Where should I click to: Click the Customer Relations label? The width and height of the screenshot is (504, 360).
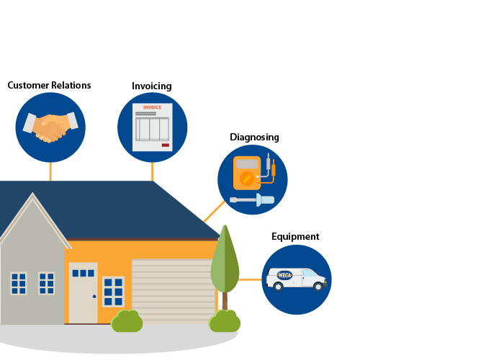(x=49, y=86)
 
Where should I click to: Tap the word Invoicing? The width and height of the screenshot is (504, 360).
(x=151, y=86)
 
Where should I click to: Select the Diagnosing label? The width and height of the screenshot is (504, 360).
(x=254, y=137)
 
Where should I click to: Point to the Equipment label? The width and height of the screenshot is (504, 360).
(x=295, y=237)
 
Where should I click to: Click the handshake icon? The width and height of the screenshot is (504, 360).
(x=50, y=127)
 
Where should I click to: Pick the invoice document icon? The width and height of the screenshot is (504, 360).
(x=152, y=127)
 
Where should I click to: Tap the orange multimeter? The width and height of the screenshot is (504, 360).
(x=247, y=173)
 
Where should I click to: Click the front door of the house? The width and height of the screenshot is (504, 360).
(x=83, y=293)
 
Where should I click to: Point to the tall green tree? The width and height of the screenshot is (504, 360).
(x=225, y=261)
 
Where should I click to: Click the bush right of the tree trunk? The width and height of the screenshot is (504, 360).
(x=225, y=322)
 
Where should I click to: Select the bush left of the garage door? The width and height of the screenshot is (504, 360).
(x=127, y=322)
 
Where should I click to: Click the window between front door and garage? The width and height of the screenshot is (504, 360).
(x=113, y=292)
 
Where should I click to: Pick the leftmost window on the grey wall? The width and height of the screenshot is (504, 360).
(x=19, y=283)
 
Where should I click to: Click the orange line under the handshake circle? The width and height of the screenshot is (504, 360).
(x=50, y=171)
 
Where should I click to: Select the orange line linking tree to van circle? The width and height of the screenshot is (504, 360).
(x=251, y=279)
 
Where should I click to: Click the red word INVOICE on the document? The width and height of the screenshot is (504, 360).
(x=153, y=108)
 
